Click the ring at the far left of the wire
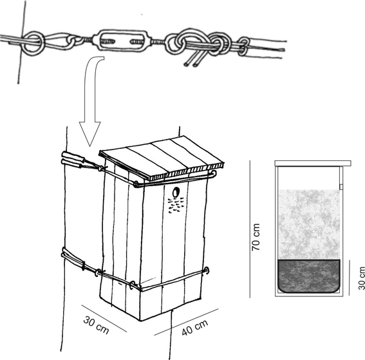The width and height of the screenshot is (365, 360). click(x=35, y=43)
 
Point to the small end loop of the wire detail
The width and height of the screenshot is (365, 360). click(x=243, y=45)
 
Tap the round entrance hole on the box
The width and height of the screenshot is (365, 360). click(x=176, y=192)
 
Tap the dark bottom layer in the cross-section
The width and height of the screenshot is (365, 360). click(x=307, y=276)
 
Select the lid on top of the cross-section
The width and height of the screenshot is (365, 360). click(x=310, y=162)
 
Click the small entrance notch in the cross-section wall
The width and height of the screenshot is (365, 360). click(x=339, y=186)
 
